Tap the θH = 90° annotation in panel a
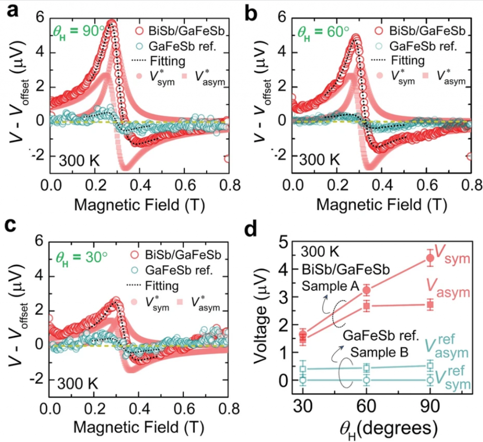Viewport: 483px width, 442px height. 79,32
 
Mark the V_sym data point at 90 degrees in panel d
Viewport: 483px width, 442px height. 430,258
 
